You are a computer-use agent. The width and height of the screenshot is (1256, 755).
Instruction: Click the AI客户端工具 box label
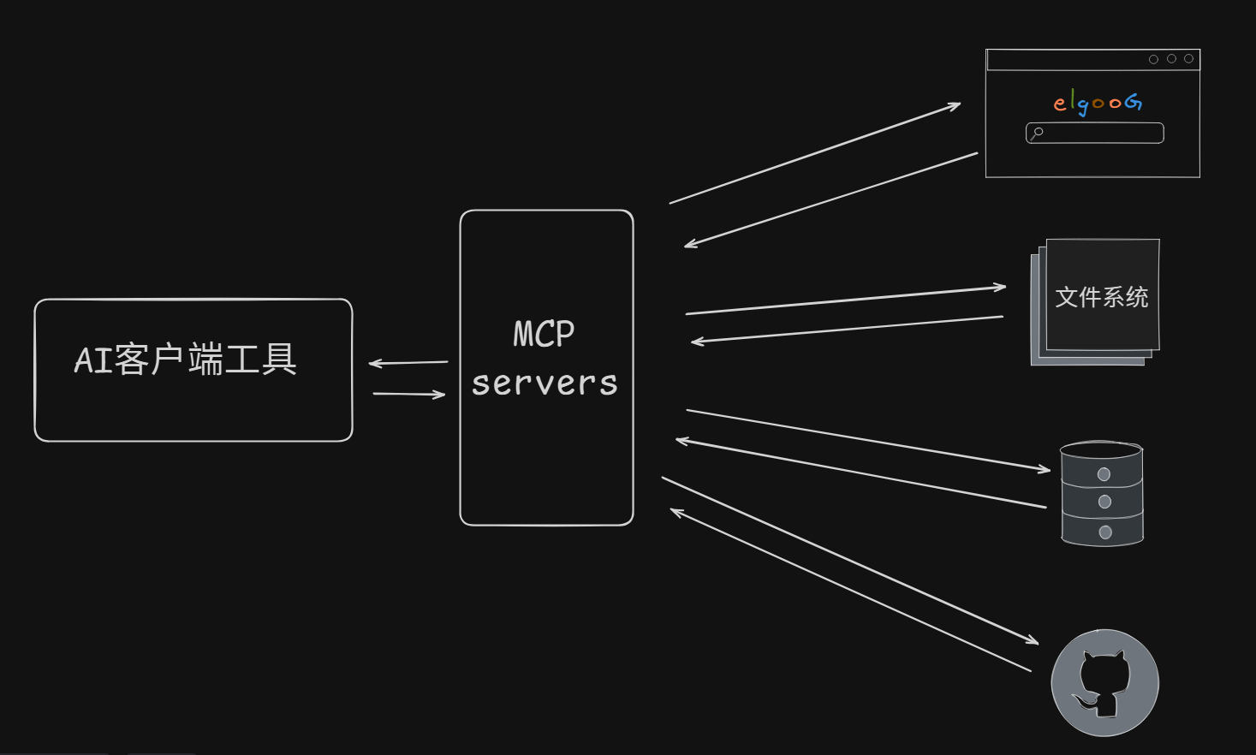point(186,360)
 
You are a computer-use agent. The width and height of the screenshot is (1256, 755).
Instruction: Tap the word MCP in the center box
point(544,334)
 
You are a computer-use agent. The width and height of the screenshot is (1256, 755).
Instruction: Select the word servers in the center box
point(545,383)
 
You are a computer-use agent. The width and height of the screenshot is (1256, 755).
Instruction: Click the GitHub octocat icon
point(1104,683)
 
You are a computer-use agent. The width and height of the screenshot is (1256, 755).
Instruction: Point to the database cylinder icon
point(1102,494)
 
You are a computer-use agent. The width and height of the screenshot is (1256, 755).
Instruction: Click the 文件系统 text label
point(1102,297)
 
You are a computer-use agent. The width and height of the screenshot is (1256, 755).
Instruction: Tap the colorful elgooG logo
point(1097,103)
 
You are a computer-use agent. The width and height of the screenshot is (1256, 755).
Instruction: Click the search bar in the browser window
point(1100,133)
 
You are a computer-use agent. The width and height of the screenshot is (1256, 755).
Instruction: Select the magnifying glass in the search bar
point(1037,133)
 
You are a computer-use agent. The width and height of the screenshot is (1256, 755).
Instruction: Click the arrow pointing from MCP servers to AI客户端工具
point(408,363)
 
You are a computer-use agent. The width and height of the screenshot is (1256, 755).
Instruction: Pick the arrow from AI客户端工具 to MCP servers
point(409,394)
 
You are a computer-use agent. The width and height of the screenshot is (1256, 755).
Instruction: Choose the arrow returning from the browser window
point(830,200)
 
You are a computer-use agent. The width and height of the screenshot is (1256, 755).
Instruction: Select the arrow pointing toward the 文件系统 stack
point(845,300)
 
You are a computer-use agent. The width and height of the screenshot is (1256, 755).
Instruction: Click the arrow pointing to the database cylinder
point(867,440)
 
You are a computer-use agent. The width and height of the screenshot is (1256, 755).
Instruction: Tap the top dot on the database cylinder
point(1104,474)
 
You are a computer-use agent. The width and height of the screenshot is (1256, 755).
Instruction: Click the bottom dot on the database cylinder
point(1105,532)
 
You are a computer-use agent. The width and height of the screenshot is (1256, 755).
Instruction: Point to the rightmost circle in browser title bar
point(1188,59)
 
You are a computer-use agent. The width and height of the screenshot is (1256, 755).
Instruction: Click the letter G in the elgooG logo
point(1134,102)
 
